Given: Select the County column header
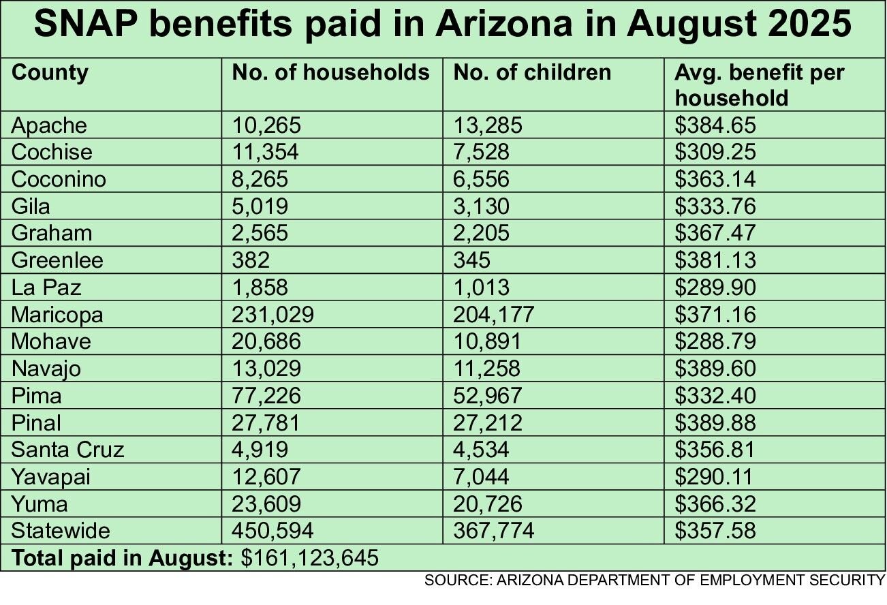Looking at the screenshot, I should click(x=50, y=72).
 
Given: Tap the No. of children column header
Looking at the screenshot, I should click(x=532, y=72).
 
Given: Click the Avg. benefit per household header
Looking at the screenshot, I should click(x=759, y=84).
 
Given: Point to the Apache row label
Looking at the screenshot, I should click(x=49, y=125).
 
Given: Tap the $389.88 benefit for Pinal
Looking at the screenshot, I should click(x=715, y=423).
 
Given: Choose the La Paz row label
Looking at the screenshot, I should click(x=46, y=288).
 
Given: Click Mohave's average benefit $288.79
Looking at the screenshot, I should click(x=715, y=341).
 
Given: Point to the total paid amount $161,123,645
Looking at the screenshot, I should click(x=310, y=558).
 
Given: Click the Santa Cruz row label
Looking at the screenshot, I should click(x=67, y=450).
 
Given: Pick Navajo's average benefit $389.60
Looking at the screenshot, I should click(x=715, y=369).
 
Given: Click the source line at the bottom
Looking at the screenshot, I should click(x=654, y=580).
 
